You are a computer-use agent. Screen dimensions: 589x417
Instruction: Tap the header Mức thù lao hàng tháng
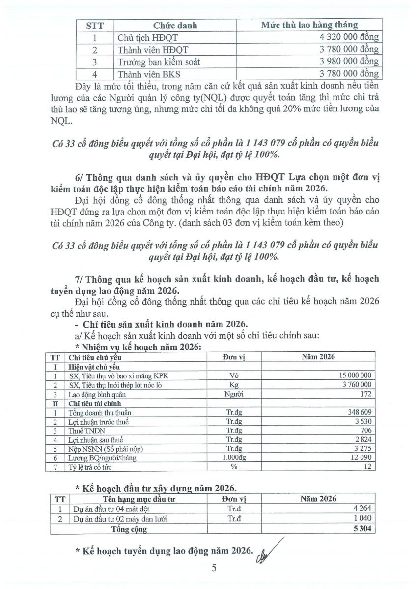pyautogui.click(x=309, y=25)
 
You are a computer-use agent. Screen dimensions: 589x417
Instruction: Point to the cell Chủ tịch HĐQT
pyautogui.click(x=140, y=37)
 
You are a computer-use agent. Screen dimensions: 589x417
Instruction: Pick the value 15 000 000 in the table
pyautogui.click(x=353, y=375)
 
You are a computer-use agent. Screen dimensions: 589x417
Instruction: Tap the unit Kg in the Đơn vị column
pyautogui.click(x=234, y=385)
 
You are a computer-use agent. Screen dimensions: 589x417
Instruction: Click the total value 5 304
pyautogui.click(x=362, y=529)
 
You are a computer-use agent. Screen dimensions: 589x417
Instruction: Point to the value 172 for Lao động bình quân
pyautogui.click(x=366, y=394)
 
